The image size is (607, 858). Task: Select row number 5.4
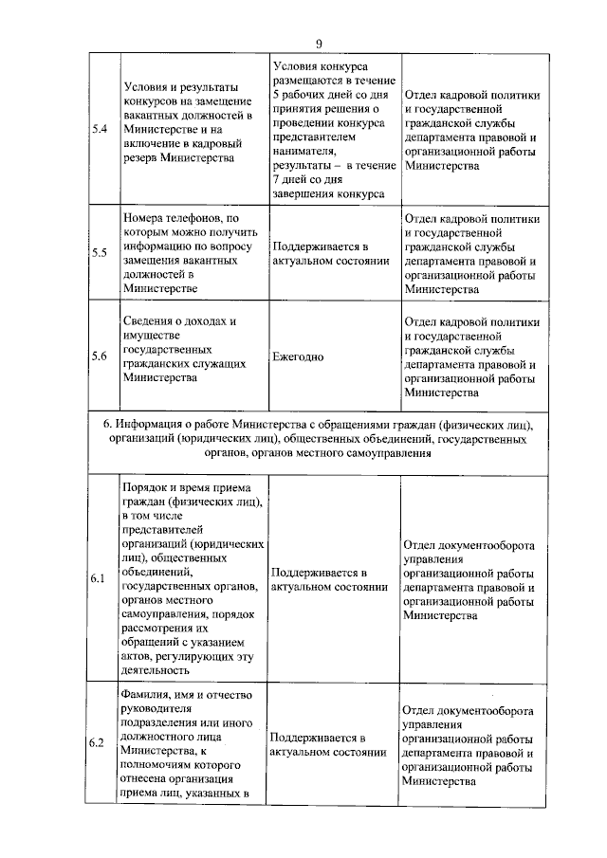(x=99, y=129)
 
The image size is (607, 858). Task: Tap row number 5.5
(x=99, y=253)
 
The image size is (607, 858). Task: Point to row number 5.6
(x=99, y=356)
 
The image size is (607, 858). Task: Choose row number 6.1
(x=98, y=579)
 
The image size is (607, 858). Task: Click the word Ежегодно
(x=298, y=357)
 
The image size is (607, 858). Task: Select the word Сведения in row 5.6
(x=148, y=322)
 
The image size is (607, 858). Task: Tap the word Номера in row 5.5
(x=144, y=219)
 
